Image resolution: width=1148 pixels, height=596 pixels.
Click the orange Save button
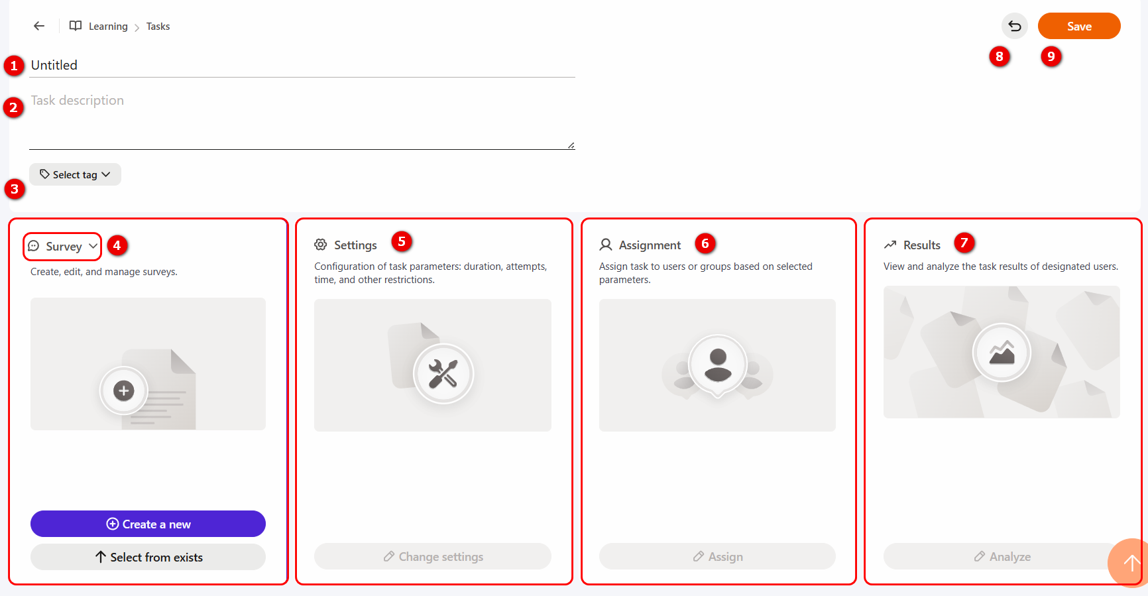(1079, 26)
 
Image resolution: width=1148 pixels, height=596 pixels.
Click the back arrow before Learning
(39, 26)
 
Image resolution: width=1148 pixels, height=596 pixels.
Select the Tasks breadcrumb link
(158, 27)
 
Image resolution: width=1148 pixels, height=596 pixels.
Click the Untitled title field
(302, 65)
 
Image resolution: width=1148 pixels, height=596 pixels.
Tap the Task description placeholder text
(78, 100)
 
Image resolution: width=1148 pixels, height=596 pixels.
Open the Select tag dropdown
(75, 174)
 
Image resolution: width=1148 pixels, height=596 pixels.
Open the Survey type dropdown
(63, 246)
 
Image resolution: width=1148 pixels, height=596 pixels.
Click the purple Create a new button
(148, 524)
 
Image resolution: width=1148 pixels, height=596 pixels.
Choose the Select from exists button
(148, 557)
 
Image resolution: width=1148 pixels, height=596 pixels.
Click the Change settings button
(433, 556)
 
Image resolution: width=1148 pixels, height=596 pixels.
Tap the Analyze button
(1002, 556)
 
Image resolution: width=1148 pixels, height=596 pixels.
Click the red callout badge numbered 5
(402, 241)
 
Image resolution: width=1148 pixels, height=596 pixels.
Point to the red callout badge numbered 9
(1051, 56)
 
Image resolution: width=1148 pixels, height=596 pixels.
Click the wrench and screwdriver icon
(443, 373)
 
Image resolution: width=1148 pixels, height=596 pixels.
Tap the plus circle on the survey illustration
(123, 390)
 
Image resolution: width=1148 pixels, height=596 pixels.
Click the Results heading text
(922, 245)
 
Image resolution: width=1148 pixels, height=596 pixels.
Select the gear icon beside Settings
(321, 245)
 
